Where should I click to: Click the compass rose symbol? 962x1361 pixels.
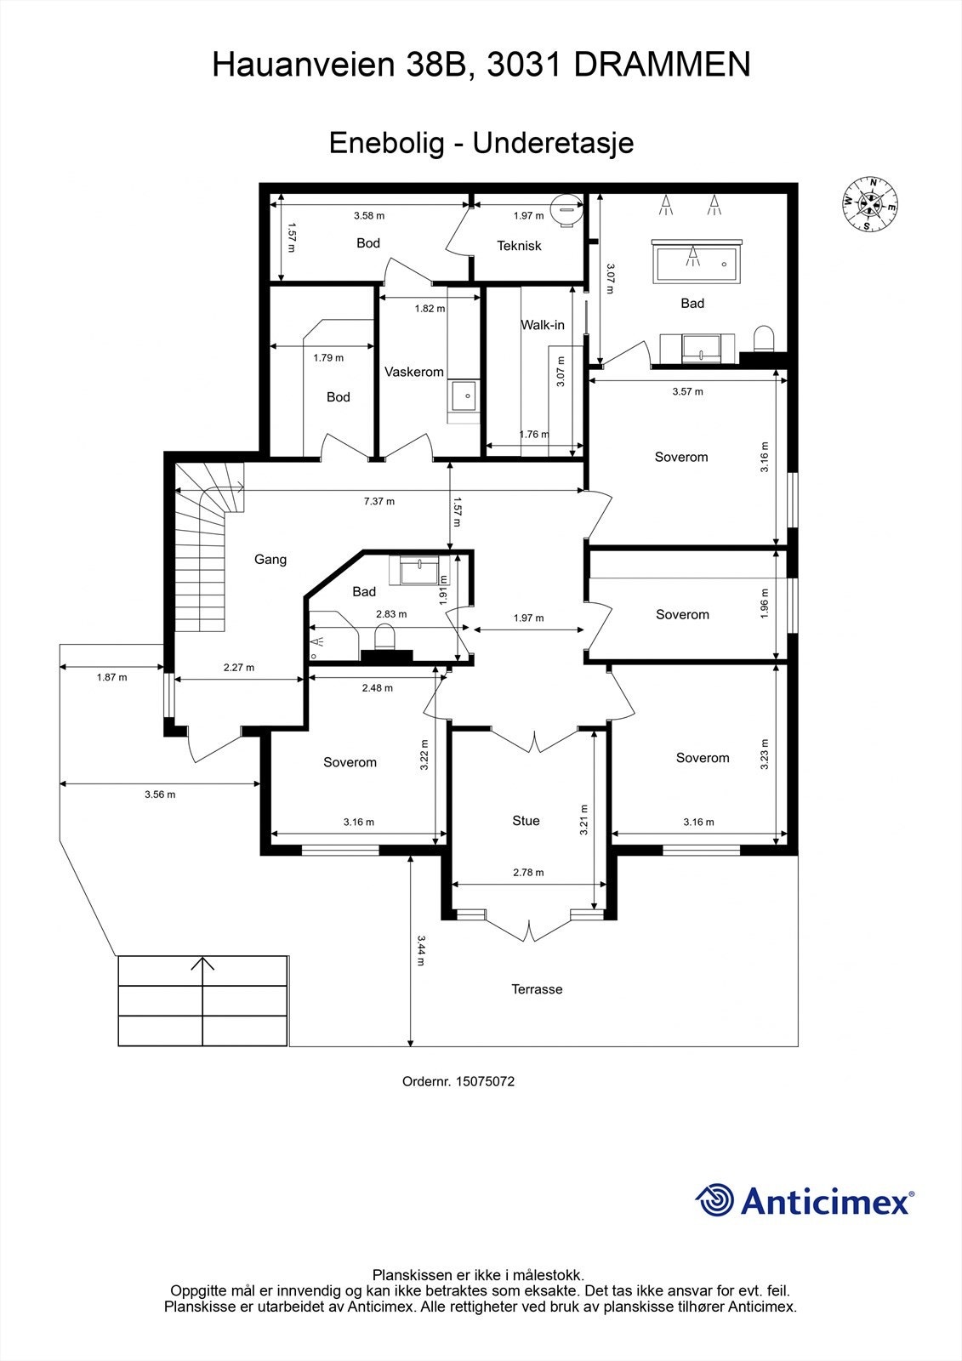[870, 204]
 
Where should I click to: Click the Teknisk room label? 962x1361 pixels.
[519, 246]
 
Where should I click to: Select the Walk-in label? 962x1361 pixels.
[543, 325]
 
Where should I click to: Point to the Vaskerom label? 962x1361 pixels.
[414, 372]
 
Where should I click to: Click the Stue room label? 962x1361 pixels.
[526, 821]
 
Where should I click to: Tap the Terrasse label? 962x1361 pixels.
[537, 989]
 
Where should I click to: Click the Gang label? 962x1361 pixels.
[270, 560]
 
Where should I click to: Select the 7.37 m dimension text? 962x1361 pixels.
[379, 501]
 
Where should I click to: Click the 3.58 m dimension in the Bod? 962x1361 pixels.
[369, 216]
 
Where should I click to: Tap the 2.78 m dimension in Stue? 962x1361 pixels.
[528, 873]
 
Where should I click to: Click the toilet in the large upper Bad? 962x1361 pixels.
[763, 339]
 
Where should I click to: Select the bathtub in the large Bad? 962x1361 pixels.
[697, 261]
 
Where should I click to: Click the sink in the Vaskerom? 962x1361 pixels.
[464, 396]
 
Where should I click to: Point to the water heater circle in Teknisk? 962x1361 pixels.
[566, 210]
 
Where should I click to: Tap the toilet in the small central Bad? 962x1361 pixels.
[384, 637]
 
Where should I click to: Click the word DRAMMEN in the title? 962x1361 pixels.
[663, 65]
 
